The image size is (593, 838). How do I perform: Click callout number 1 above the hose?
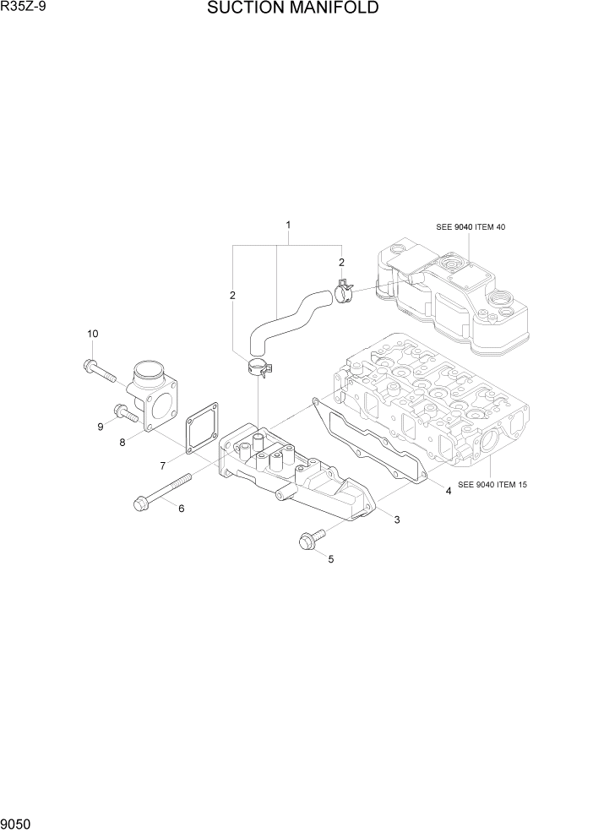tap(288, 225)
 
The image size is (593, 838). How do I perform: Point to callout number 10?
tap(92, 334)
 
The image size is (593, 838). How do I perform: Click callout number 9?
tap(100, 427)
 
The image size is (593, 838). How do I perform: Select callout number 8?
tap(122, 442)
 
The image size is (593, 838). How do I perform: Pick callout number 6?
tap(181, 507)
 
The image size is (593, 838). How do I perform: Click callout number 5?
tap(330, 558)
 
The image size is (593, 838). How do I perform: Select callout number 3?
tap(396, 519)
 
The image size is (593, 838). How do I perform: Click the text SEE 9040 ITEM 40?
tap(471, 227)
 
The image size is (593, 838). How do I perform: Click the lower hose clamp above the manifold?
tap(260, 367)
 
